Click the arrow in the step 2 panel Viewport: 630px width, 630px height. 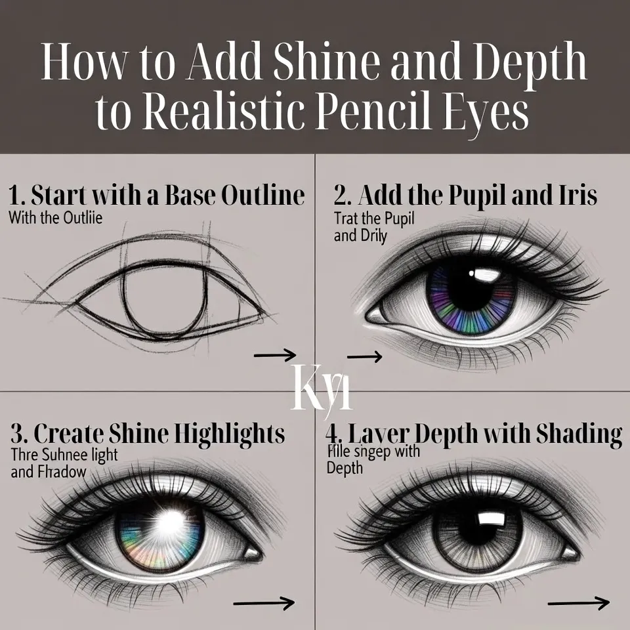pyautogui.click(x=364, y=357)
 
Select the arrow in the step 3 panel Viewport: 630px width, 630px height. pyautogui.click(x=263, y=602)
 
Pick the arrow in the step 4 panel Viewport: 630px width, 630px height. pyautogui.click(x=578, y=602)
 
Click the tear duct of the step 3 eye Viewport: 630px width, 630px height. pyautogui.click(x=252, y=553)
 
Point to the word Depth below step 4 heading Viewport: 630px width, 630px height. pyautogui.click(x=343, y=468)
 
